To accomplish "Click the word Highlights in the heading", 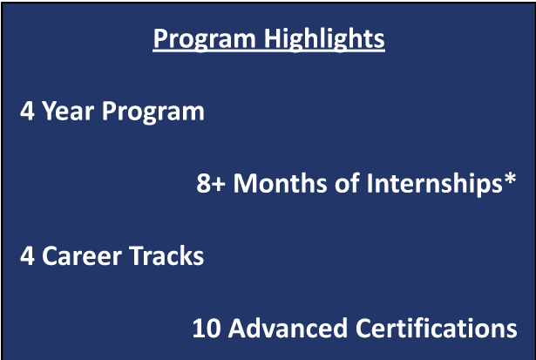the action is pyautogui.click(x=324, y=39).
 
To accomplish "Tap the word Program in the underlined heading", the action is pyautogui.click(x=205, y=39).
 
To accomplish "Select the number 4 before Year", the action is pyautogui.click(x=27, y=111).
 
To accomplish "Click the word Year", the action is pyautogui.click(x=68, y=111).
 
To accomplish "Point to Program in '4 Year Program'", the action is pyautogui.click(x=153, y=112).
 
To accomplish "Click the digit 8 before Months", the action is pyautogui.click(x=203, y=184).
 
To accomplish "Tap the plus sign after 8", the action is pyautogui.click(x=218, y=185).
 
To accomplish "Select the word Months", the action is pyautogui.click(x=280, y=183).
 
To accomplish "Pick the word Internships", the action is pyautogui.click(x=435, y=184).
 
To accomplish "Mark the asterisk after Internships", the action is pyautogui.click(x=509, y=179).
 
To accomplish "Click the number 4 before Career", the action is pyautogui.click(x=27, y=256).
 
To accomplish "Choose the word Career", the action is pyautogui.click(x=81, y=256).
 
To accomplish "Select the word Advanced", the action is pyautogui.click(x=288, y=328).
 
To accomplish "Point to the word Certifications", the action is pyautogui.click(x=436, y=328).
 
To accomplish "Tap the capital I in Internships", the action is pyautogui.click(x=370, y=184).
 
